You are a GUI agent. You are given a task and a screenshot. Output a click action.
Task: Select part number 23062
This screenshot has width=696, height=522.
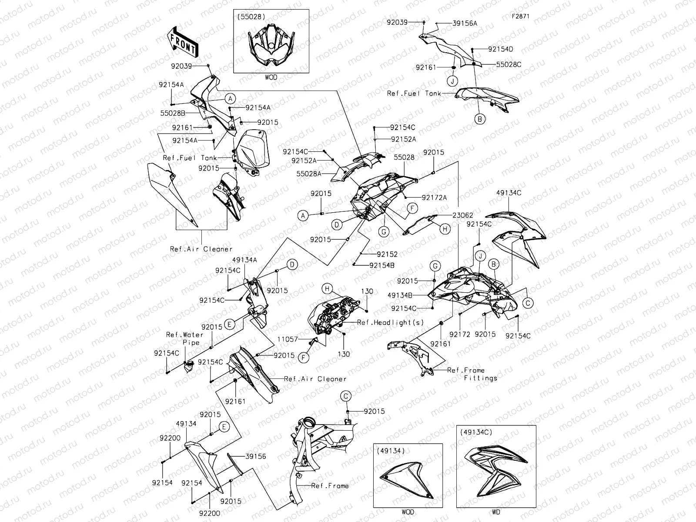[462, 215]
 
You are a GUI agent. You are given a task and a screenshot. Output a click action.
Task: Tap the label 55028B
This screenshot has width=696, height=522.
[173, 113]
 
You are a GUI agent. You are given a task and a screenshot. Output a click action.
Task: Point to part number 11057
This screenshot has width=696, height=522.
[288, 339]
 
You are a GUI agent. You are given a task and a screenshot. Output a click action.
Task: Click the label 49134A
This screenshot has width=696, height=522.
[244, 260]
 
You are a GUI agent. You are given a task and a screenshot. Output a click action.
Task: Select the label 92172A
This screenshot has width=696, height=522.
[434, 197]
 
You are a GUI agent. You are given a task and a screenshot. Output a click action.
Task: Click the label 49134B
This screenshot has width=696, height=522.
[400, 295]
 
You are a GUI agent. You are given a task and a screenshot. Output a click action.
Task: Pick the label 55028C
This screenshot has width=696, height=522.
[509, 64]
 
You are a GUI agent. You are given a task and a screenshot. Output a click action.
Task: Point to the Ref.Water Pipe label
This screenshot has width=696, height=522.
[185, 338]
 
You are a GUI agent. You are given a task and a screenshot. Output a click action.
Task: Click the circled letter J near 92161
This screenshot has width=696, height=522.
[453, 81]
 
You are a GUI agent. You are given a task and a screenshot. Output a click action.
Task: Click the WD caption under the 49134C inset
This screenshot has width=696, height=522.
[496, 512]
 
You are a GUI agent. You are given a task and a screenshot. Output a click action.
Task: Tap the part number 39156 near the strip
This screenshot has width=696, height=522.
[256, 457]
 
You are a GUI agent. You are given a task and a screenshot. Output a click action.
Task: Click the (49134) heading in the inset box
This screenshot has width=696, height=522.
[391, 450]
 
